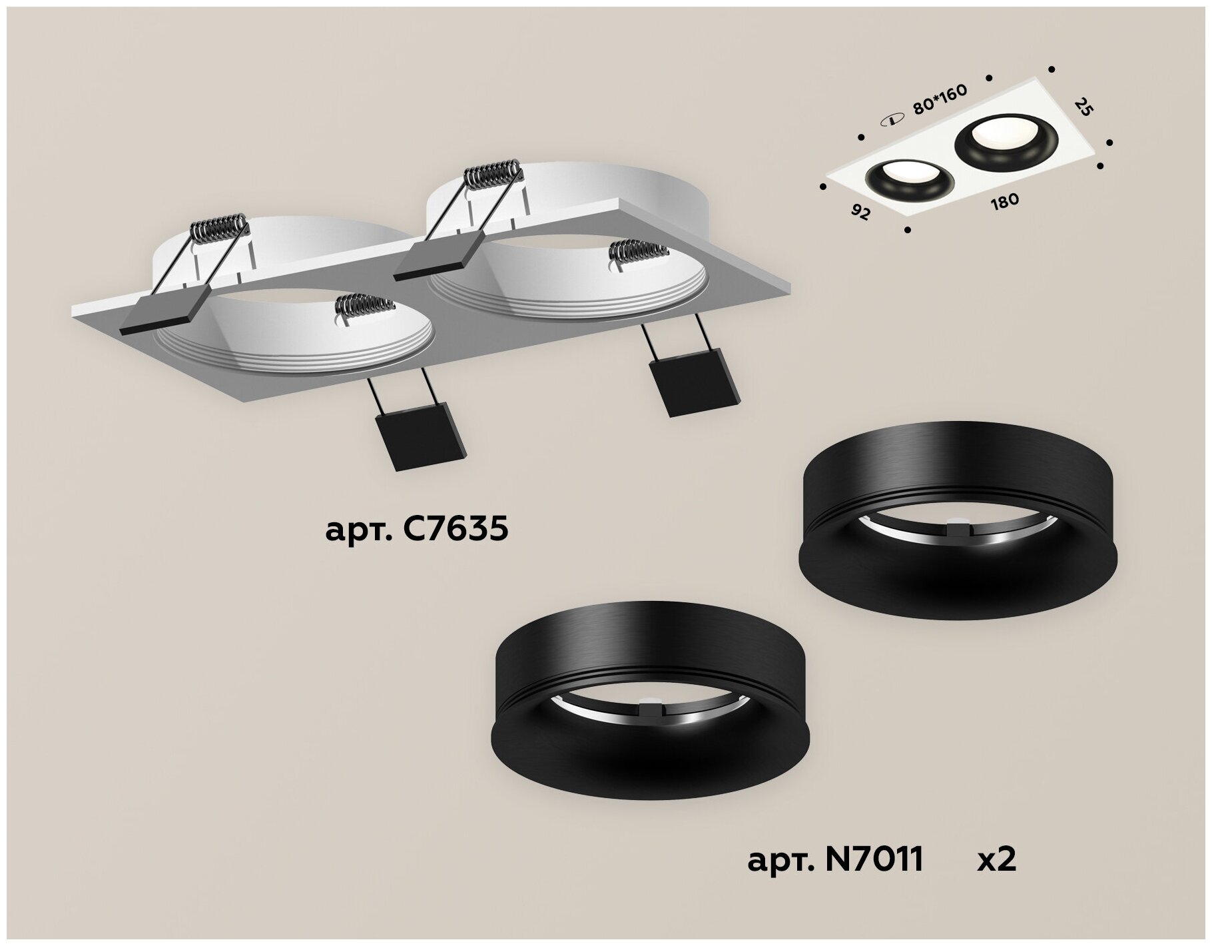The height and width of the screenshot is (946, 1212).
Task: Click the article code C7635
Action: (x=417, y=530)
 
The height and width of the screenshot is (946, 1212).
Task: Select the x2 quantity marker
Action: (x=996, y=860)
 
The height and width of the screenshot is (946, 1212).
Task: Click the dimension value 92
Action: (x=861, y=213)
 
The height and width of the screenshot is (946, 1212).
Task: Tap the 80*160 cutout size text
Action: (x=940, y=100)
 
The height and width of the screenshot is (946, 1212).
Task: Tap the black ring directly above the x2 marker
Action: (x=957, y=520)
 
